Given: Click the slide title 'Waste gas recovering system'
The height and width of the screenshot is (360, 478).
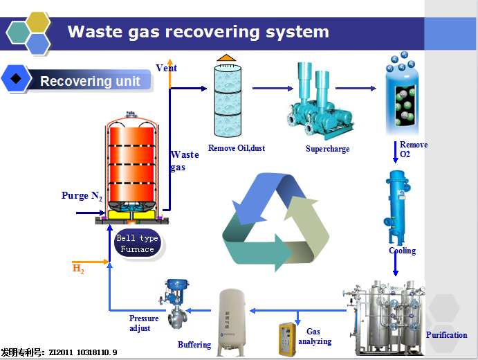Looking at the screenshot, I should (x=198, y=32).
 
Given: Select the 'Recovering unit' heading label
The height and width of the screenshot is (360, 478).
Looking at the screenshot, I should (x=90, y=81).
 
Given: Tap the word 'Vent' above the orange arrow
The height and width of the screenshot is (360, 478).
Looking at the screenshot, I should (x=166, y=68).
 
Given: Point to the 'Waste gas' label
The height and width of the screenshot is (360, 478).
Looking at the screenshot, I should (x=184, y=161).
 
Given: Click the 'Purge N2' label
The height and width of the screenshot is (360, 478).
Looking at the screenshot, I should (x=82, y=196).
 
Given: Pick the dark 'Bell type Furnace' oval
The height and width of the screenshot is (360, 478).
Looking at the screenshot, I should (x=137, y=244).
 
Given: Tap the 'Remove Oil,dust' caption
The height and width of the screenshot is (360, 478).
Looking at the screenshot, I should (x=237, y=148).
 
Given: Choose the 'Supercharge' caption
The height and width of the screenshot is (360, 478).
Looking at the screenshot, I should (x=327, y=149).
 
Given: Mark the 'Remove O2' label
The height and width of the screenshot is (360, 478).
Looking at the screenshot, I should (x=413, y=149).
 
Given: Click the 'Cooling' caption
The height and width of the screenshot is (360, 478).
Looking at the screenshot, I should (x=402, y=251).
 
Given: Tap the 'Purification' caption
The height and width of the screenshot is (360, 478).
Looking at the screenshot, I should (x=446, y=335).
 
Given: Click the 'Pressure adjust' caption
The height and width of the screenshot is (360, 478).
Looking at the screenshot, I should (x=144, y=323).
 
